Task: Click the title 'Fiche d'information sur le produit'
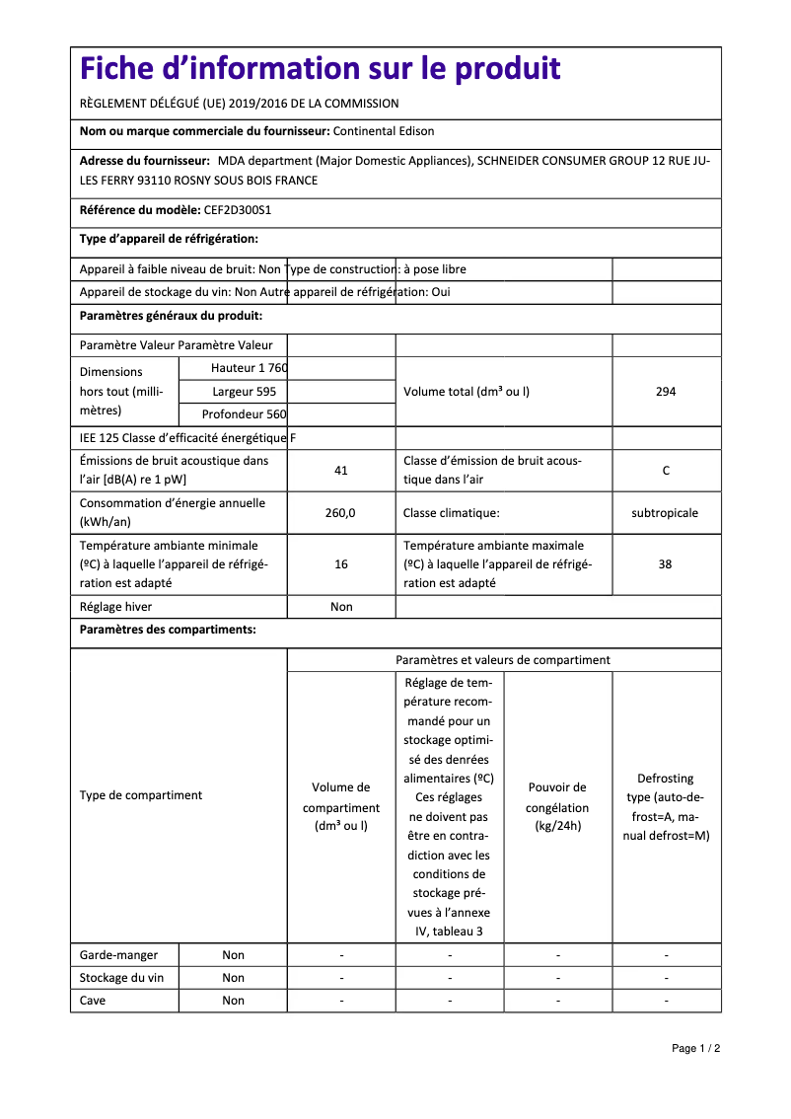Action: click(x=321, y=69)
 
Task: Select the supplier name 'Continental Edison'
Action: click(x=384, y=131)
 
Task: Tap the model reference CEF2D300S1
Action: click(x=237, y=210)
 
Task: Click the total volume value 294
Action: click(x=666, y=392)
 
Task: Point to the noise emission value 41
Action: click(x=341, y=471)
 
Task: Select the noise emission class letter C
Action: click(x=666, y=471)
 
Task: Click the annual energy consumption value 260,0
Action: click(x=340, y=513)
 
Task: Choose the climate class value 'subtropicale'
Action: click(x=665, y=513)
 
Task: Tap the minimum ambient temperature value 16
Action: click(x=341, y=564)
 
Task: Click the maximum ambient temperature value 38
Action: click(x=666, y=564)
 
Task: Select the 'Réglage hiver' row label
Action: click(x=116, y=607)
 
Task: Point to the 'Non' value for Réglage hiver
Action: click(x=341, y=607)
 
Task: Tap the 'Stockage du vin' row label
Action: click(x=121, y=978)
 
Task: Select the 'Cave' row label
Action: click(x=93, y=1001)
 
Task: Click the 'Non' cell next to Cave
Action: click(x=233, y=1001)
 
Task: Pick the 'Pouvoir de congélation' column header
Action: click(x=557, y=806)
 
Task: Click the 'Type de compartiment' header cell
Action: click(x=141, y=795)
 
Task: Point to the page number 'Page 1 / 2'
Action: click(x=696, y=1048)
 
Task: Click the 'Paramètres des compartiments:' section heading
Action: click(x=168, y=630)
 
